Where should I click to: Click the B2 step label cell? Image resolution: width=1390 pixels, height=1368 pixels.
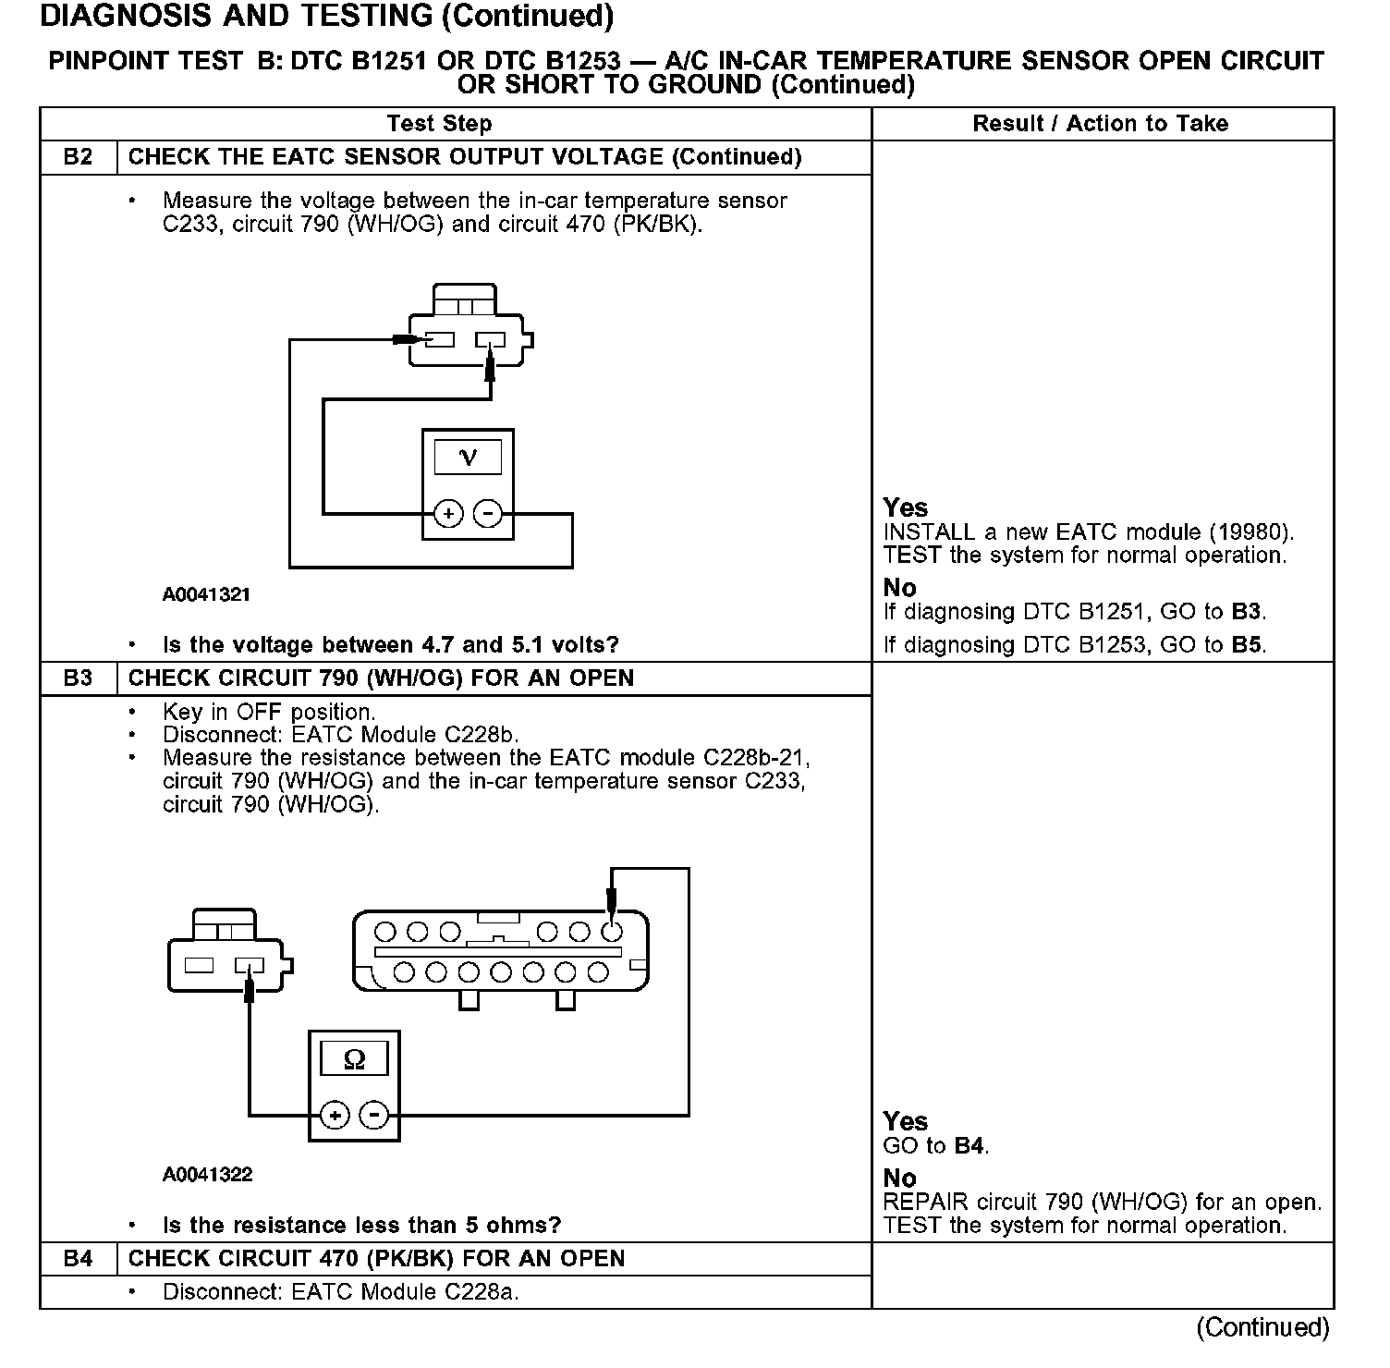79,157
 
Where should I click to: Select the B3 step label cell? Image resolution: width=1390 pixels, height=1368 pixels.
79,678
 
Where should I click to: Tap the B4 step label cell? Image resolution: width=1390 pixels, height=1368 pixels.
79,1259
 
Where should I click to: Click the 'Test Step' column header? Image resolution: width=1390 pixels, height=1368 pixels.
439,124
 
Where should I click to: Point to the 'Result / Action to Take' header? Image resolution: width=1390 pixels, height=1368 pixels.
1101,124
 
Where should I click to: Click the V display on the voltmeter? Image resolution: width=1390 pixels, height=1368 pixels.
468,457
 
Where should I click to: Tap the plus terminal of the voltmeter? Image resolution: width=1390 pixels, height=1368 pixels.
448,514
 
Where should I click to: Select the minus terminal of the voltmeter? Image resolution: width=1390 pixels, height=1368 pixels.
488,514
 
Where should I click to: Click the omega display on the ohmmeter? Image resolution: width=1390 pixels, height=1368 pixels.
354,1059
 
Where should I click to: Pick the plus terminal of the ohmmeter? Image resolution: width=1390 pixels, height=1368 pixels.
335,1116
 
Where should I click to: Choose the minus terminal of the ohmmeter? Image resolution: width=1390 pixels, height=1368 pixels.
374,1116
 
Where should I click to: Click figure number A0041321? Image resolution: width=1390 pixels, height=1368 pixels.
207,595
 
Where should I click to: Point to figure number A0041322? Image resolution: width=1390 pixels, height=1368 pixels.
207,1175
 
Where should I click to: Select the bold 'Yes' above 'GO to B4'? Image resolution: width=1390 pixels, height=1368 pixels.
905,1121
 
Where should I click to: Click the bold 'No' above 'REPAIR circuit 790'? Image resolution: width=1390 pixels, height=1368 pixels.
899,1179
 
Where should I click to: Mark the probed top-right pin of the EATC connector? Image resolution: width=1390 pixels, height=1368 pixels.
611,931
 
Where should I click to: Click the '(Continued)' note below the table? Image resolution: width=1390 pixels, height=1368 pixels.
1262,1327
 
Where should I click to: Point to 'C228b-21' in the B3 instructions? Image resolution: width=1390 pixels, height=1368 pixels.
757,758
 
